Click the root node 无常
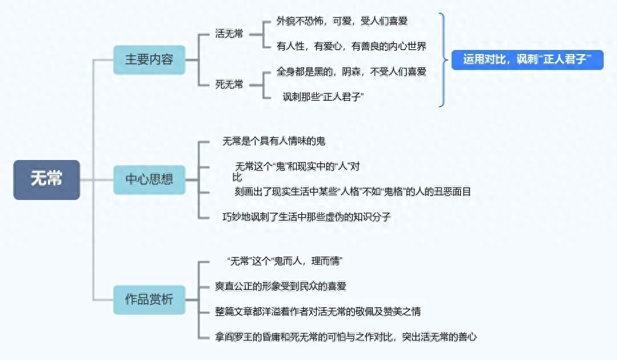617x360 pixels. coord(47,179)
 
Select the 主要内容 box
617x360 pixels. coord(149,59)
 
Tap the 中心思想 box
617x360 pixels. coord(149,179)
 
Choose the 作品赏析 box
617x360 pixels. coord(149,299)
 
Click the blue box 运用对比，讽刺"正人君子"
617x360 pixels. coord(527,59)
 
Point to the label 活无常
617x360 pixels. coord(229,34)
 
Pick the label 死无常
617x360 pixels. coord(229,84)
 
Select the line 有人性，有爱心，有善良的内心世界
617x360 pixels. coord(351,46)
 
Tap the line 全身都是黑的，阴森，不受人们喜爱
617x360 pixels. coord(351,71)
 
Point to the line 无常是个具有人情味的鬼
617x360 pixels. coord(273,141)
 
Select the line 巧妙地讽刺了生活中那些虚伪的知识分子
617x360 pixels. coord(306,217)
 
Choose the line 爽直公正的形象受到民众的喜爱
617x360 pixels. coord(280,286)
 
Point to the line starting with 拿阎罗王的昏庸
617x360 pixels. coord(346,337)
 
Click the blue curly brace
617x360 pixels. coord(442,59)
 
